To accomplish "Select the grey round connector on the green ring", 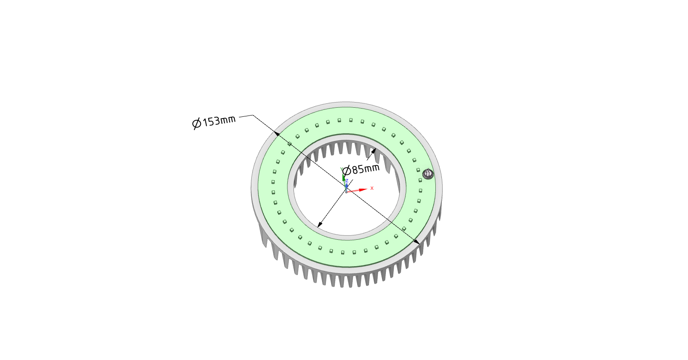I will pyautogui.click(x=428, y=174).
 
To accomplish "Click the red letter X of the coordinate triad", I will pyautogui.click(x=372, y=188).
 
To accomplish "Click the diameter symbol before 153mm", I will pyautogui.click(x=197, y=124).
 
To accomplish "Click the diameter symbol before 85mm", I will pyautogui.click(x=346, y=171).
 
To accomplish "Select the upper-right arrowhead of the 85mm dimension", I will pyautogui.click(x=373, y=151).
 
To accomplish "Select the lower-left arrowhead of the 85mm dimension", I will pyautogui.click(x=319, y=225).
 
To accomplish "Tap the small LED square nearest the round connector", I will pyautogui.click(x=419, y=180).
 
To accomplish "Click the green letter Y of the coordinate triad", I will pyautogui.click(x=342, y=169).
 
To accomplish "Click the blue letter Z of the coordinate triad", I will pyautogui.click(x=347, y=181).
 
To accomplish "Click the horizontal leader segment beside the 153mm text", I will pyautogui.click(x=246, y=116).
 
